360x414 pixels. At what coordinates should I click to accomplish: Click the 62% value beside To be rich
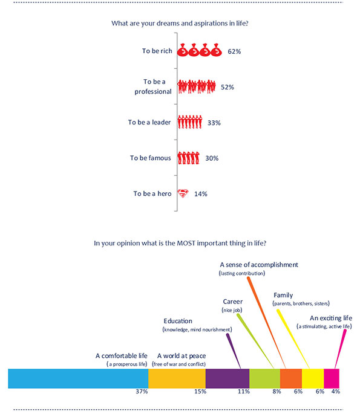tap(234, 51)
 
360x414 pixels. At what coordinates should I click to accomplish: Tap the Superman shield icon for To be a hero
tap(183, 193)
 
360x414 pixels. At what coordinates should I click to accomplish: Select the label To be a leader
tap(149, 122)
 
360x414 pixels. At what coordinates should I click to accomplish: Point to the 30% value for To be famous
tap(212, 158)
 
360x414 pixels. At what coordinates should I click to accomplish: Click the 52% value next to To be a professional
tap(227, 87)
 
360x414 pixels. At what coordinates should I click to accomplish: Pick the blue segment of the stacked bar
tap(78, 378)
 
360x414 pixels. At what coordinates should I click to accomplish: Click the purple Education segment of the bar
tap(227, 378)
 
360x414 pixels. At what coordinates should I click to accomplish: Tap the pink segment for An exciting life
tap(332, 378)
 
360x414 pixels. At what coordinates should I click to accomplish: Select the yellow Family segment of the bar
tap(313, 378)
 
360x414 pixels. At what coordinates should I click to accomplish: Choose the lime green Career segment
tap(264, 378)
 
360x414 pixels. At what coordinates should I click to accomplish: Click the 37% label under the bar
tap(142, 391)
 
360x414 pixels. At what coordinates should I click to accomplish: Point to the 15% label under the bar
tap(200, 391)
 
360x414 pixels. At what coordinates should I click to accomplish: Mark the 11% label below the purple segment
tap(243, 391)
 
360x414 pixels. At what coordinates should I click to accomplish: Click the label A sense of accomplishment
tap(259, 265)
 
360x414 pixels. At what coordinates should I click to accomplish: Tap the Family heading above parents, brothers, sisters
tap(283, 295)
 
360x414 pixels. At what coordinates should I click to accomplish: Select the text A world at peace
tap(182, 356)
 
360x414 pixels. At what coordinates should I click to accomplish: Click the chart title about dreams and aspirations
tap(180, 24)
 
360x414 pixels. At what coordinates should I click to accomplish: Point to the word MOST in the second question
tap(186, 243)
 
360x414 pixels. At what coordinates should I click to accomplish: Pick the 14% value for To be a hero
tap(201, 194)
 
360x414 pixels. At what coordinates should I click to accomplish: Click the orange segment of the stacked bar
tap(291, 378)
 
